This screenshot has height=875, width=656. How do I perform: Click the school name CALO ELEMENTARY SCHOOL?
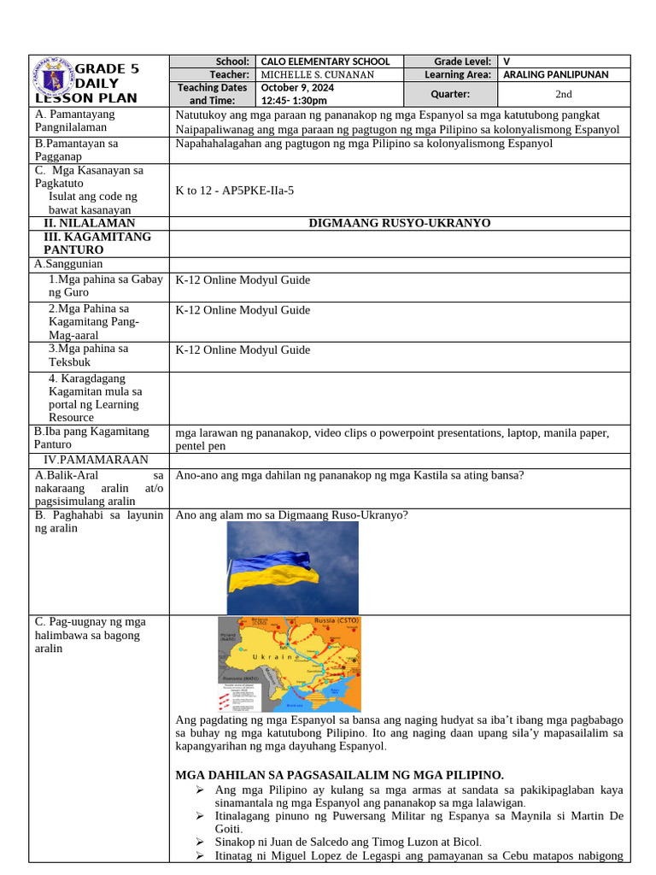[x=325, y=62]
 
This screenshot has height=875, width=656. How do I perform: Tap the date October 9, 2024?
[x=297, y=87]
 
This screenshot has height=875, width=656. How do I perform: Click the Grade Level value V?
[x=507, y=62]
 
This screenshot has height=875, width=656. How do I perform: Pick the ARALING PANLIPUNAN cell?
[x=556, y=74]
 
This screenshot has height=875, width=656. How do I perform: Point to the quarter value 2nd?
[x=564, y=94]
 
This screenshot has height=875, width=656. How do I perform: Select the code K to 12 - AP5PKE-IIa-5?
[x=234, y=190]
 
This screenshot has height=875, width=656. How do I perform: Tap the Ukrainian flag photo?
[x=292, y=567]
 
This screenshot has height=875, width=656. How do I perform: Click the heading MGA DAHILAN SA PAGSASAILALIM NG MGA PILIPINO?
[x=339, y=775]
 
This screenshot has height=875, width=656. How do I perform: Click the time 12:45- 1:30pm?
[x=294, y=100]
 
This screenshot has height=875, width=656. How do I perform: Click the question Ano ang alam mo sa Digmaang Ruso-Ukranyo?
[x=291, y=514]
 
